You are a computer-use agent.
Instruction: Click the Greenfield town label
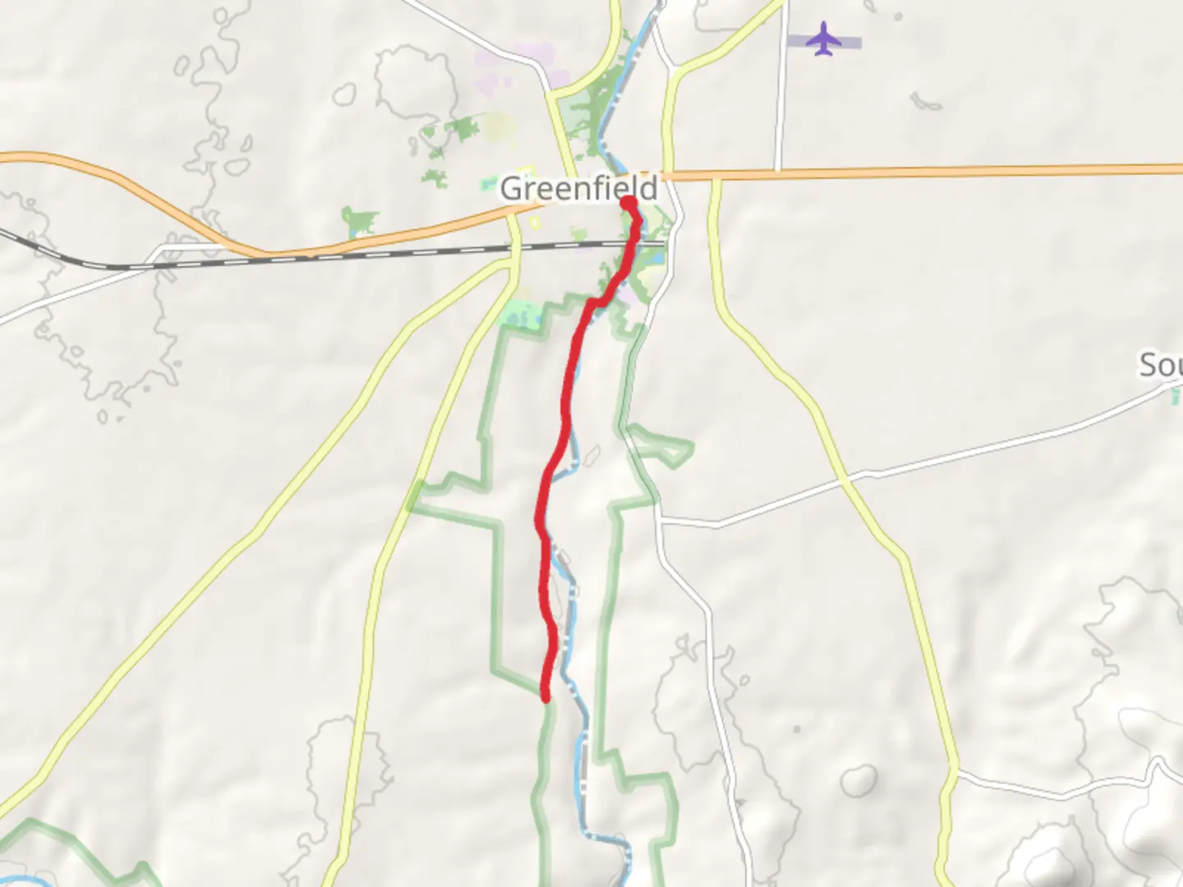click(579, 188)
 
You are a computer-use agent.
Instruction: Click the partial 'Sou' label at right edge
click(1160, 365)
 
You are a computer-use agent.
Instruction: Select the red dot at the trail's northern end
click(628, 202)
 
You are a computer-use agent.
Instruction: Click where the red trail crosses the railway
click(633, 243)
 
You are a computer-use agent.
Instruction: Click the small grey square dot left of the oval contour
click(796, 728)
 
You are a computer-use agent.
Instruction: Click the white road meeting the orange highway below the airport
click(778, 171)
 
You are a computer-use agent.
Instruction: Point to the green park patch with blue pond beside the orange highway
click(360, 222)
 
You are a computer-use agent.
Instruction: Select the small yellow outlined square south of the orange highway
click(537, 223)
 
